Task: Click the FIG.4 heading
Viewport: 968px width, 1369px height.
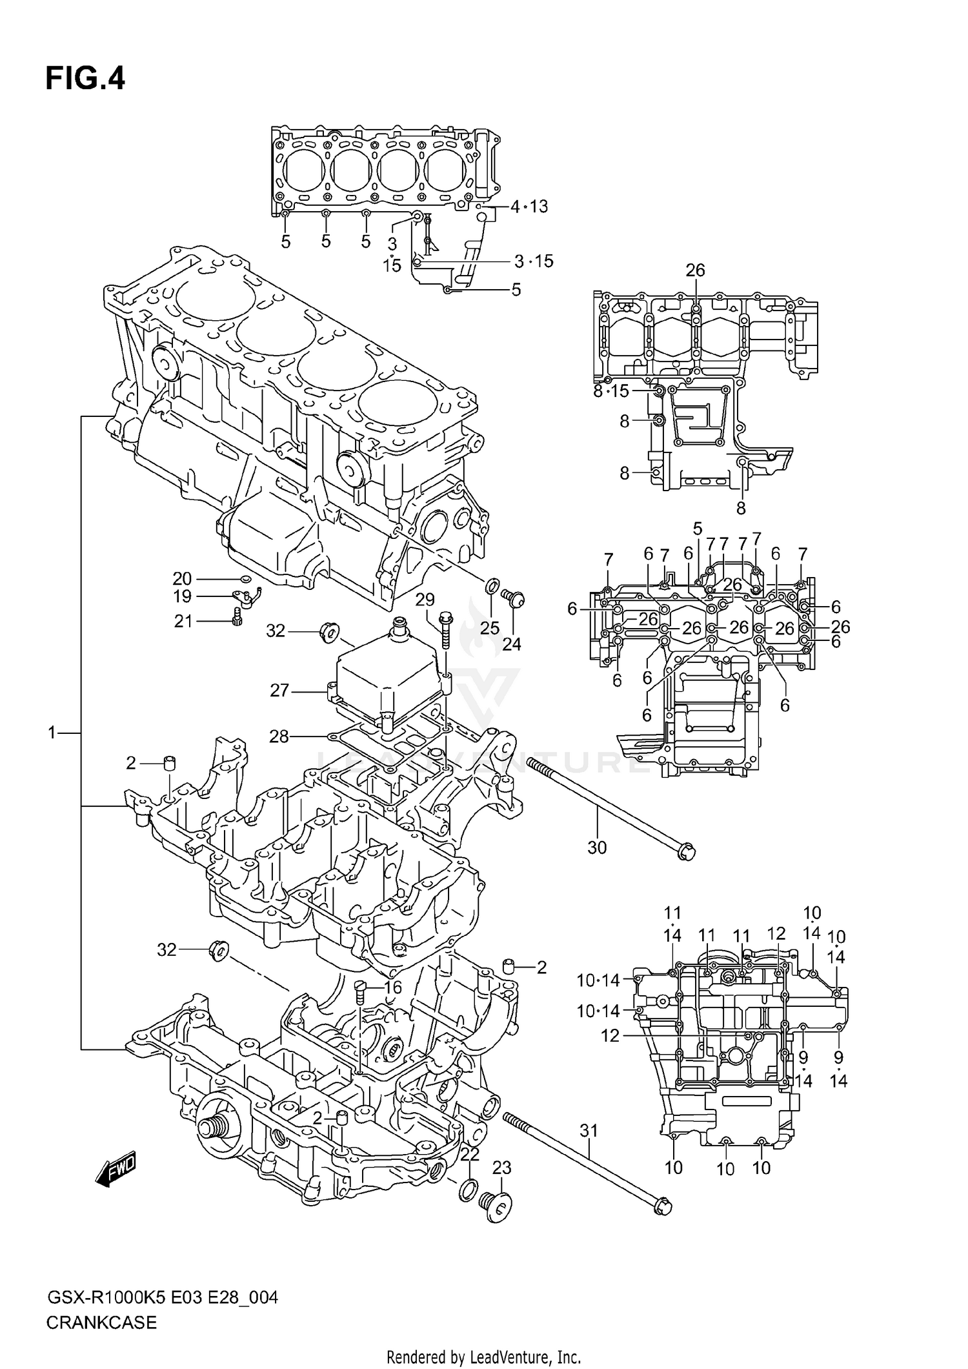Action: pyautogui.click(x=85, y=79)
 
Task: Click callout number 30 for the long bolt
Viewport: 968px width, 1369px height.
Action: pyautogui.click(x=597, y=847)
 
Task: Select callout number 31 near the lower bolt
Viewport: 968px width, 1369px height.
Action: pyautogui.click(x=589, y=1130)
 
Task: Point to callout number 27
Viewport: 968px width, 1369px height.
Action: pyautogui.click(x=279, y=691)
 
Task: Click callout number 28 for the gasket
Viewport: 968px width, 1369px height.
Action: pyautogui.click(x=279, y=736)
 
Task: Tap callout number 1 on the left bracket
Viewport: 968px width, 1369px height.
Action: pyautogui.click(x=52, y=733)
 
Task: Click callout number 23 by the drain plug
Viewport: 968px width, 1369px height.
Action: pyautogui.click(x=501, y=1168)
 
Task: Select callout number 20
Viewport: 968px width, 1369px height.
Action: pyautogui.click(x=182, y=578)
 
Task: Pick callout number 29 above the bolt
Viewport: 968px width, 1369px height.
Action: pyautogui.click(x=425, y=600)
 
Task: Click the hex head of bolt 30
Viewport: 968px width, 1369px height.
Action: pyautogui.click(x=687, y=851)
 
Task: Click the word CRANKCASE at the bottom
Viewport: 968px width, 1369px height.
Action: pyautogui.click(x=101, y=1322)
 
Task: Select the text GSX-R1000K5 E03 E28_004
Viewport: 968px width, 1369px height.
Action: pyautogui.click(x=162, y=1296)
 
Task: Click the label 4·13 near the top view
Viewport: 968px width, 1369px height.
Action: pyautogui.click(x=529, y=207)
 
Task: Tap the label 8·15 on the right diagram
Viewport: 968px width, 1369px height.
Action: pyautogui.click(x=610, y=391)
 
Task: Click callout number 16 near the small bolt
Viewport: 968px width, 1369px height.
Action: pyautogui.click(x=392, y=988)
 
